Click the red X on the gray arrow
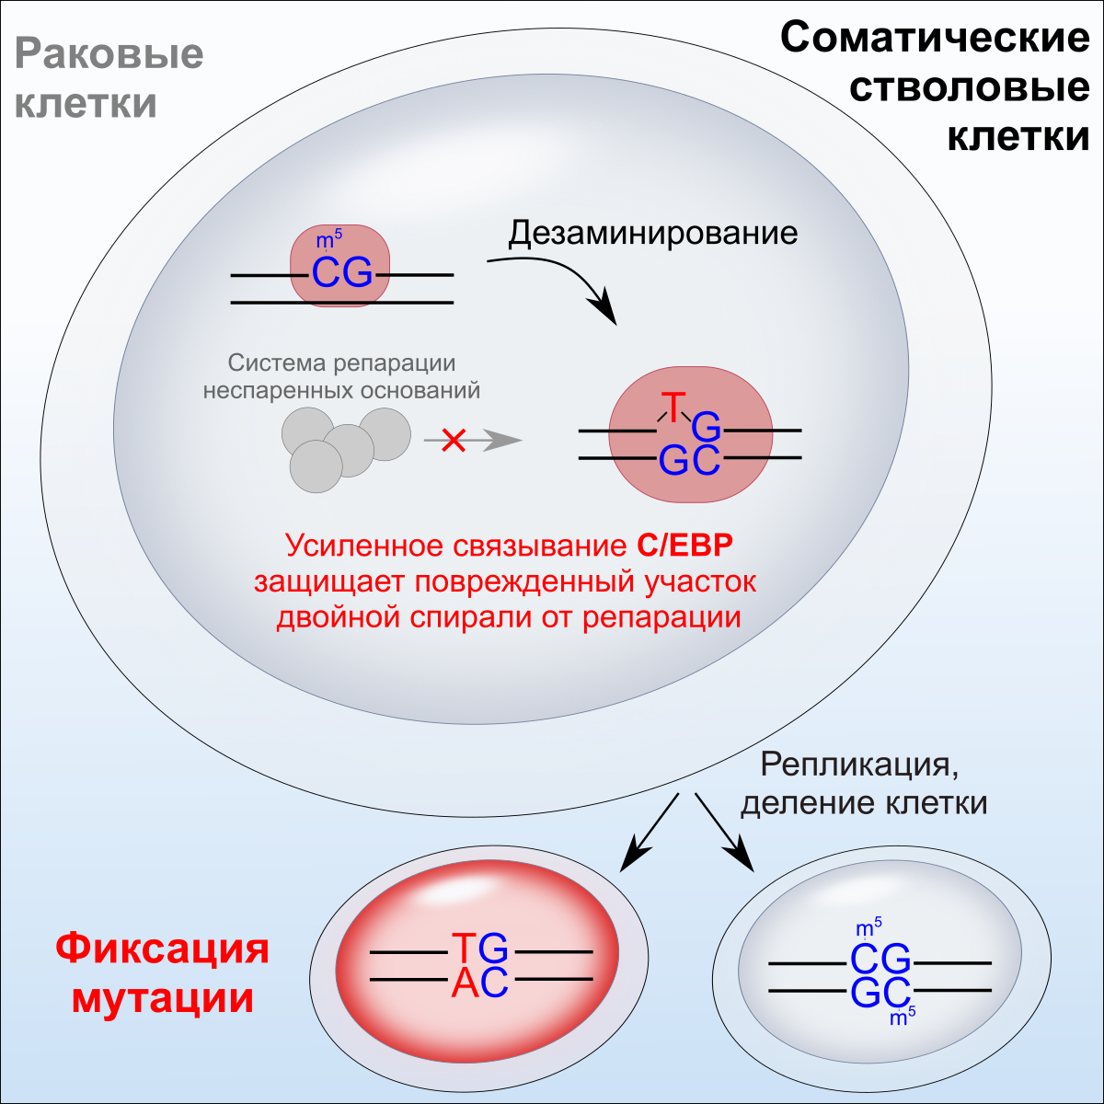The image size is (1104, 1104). (x=453, y=441)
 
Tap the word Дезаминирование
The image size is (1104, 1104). (x=653, y=233)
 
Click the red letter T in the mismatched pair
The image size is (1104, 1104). (x=674, y=406)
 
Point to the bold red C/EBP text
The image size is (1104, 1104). (x=685, y=546)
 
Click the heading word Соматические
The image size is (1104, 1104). (x=935, y=39)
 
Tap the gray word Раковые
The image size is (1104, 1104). (x=109, y=53)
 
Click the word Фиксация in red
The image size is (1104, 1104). (x=163, y=948)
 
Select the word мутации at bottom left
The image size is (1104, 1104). (x=163, y=997)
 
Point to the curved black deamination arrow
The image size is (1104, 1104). (x=561, y=281)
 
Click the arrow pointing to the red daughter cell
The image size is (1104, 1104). (x=648, y=833)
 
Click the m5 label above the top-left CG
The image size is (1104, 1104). (x=328, y=241)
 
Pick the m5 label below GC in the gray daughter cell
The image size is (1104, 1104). (x=903, y=1018)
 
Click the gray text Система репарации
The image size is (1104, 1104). (x=342, y=363)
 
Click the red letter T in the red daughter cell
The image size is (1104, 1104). (x=466, y=947)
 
